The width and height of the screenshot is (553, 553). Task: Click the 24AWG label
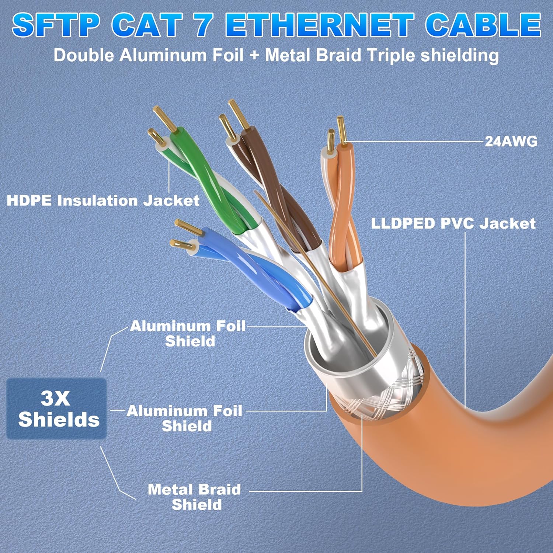tap(511, 141)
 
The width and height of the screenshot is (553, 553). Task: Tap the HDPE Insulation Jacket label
tap(103, 201)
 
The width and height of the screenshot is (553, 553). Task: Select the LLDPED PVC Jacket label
tap(453, 223)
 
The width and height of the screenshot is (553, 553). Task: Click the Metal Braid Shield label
tap(195, 497)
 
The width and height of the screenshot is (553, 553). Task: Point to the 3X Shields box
tap(57, 408)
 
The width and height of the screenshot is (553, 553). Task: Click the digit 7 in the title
tap(202, 25)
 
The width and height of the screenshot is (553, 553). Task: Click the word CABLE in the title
tap(483, 25)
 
